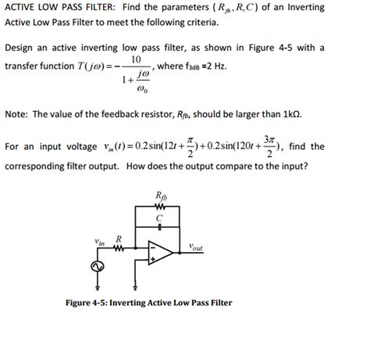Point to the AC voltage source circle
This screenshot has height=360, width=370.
98,267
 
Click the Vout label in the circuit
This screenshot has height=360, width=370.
196,248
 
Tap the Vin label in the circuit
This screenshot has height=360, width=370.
99,242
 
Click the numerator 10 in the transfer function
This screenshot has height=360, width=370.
136,59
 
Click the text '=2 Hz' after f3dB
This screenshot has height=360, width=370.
215,68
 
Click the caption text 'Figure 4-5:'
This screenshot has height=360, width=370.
91,301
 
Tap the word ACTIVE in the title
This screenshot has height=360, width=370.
21,7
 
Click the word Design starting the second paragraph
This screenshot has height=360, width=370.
21,48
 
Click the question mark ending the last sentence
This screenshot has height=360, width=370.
307,166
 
